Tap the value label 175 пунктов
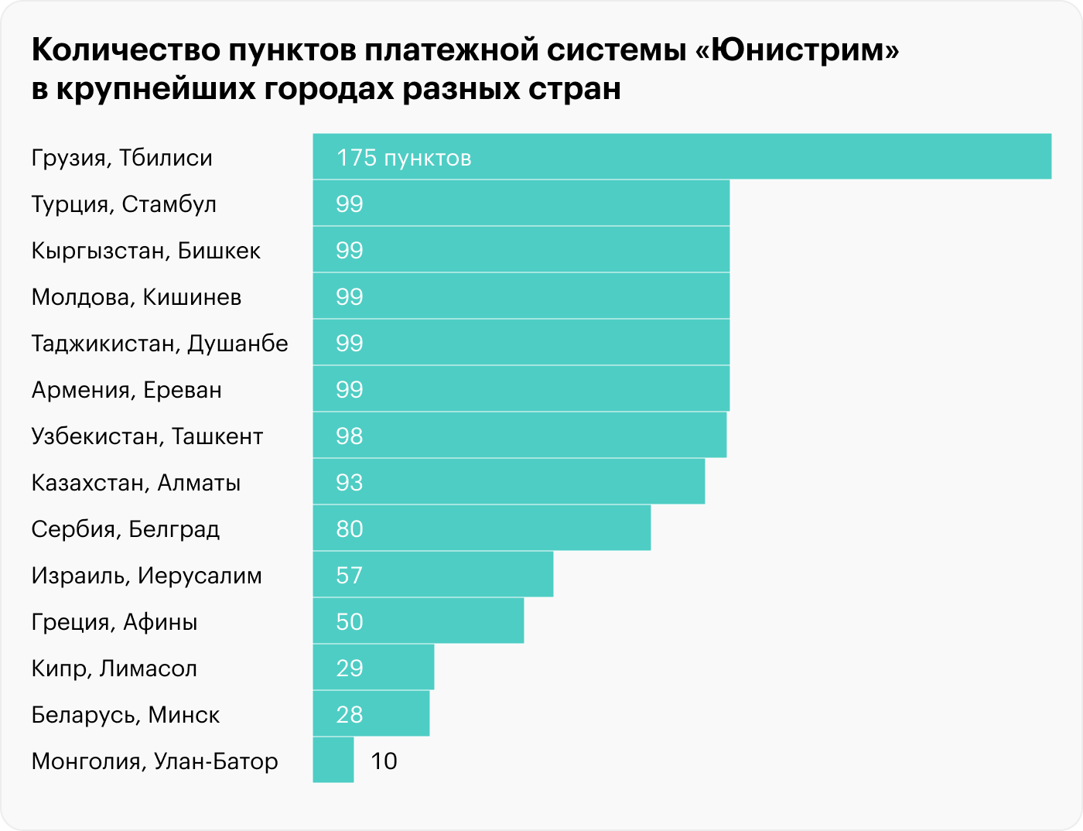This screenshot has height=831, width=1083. click(403, 158)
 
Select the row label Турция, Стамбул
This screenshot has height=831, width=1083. click(124, 204)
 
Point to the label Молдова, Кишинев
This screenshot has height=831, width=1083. click(136, 297)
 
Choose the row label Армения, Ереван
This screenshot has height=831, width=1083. click(126, 390)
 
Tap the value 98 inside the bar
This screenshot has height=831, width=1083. click(349, 436)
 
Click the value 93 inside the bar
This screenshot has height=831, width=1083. click(349, 483)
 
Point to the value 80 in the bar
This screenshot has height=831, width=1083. click(349, 529)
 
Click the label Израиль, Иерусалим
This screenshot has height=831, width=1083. click(146, 576)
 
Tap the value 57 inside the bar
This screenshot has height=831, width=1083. click(349, 576)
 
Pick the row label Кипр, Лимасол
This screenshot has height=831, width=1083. click(114, 669)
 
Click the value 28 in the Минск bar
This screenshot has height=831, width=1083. click(349, 715)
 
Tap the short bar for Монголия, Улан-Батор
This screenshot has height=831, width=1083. click(333, 760)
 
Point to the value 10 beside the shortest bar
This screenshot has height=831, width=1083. click(384, 761)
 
